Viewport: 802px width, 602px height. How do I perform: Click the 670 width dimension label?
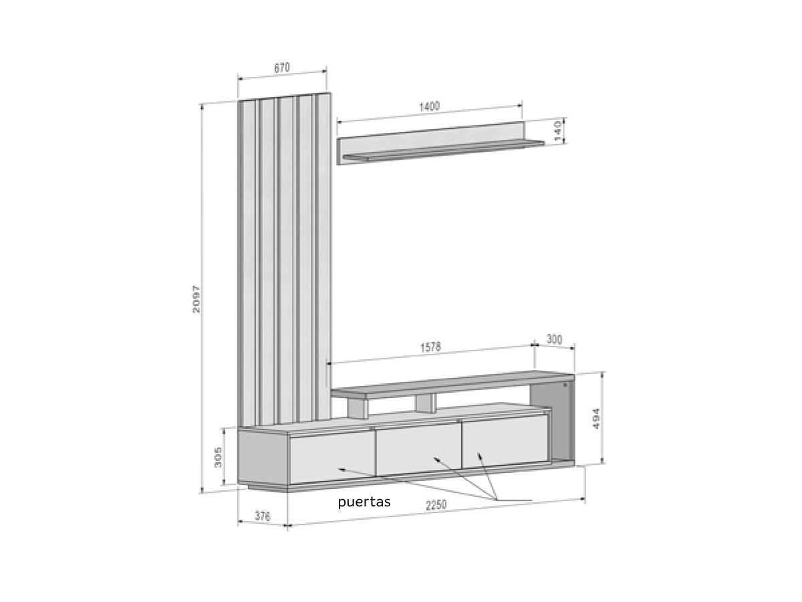282,68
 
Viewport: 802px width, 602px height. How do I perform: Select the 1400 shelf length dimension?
429,107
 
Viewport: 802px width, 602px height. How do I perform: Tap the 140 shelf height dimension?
557,131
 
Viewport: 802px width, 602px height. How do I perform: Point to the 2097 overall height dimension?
196,299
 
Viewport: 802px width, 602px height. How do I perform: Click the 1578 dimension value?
430,347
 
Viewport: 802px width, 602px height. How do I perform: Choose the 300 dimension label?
554,340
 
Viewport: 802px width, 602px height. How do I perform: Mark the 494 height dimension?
595,419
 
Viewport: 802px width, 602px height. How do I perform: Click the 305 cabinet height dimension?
218,457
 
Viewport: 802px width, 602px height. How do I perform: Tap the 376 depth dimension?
263,516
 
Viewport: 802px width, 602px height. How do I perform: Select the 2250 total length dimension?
436,505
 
